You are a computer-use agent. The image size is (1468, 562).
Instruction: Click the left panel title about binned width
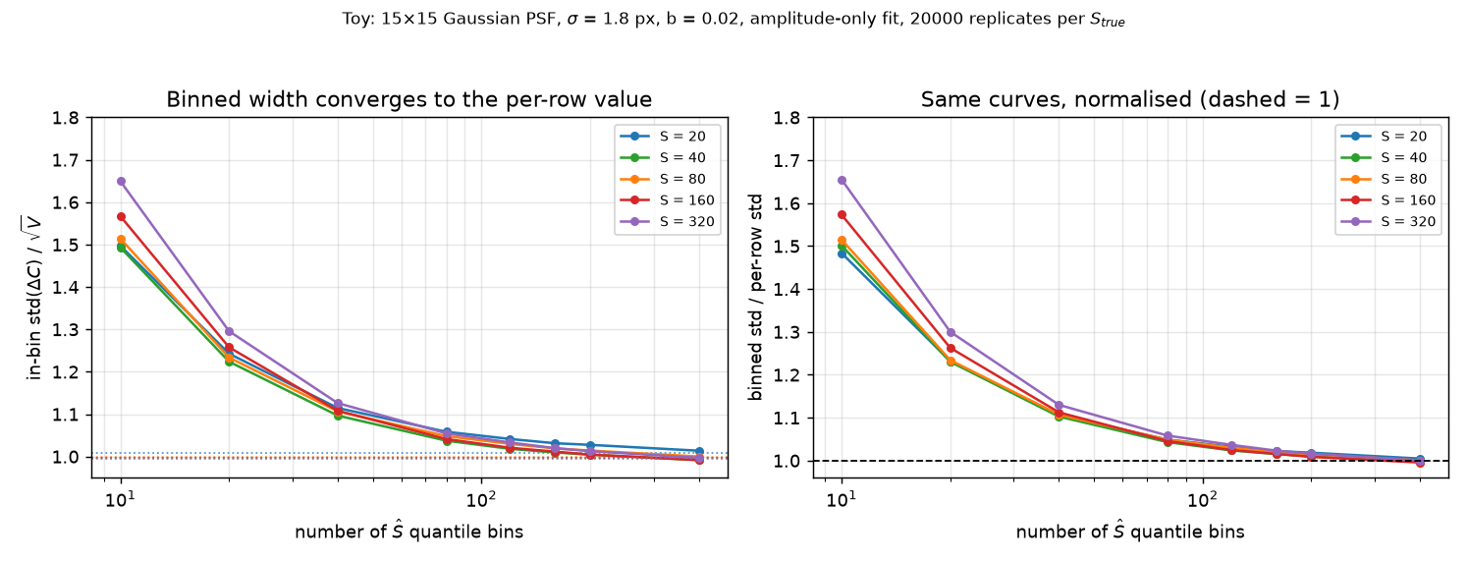[x=408, y=99]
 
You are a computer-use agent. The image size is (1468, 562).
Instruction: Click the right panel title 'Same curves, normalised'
[x=1130, y=99]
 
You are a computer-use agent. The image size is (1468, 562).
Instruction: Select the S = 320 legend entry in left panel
[x=667, y=222]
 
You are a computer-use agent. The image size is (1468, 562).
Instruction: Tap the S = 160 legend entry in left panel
[x=667, y=200]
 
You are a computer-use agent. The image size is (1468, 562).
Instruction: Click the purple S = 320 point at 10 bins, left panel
[x=121, y=182]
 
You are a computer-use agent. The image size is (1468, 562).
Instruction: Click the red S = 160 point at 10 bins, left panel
[x=121, y=216]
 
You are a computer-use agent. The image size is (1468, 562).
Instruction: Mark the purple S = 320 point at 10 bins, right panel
[x=843, y=181]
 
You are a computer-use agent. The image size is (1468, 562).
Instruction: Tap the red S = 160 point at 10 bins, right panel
[x=843, y=214]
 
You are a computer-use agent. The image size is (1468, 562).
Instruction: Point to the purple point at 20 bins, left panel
[x=230, y=332]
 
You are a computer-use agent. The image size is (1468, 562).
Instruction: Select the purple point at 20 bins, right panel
[x=951, y=332]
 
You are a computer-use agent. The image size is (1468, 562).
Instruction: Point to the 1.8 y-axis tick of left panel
[x=65, y=119]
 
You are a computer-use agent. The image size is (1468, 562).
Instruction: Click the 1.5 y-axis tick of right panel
[x=787, y=247]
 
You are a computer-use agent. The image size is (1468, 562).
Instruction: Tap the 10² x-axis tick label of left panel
[x=481, y=500]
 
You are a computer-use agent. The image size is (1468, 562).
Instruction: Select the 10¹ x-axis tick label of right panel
[x=843, y=500]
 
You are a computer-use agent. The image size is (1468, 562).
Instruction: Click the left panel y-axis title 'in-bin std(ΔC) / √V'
[x=33, y=298]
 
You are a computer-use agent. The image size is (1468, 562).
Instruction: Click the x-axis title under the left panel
[x=408, y=532]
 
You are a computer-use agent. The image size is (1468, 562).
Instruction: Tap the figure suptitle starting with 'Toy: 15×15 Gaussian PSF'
[x=734, y=19]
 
